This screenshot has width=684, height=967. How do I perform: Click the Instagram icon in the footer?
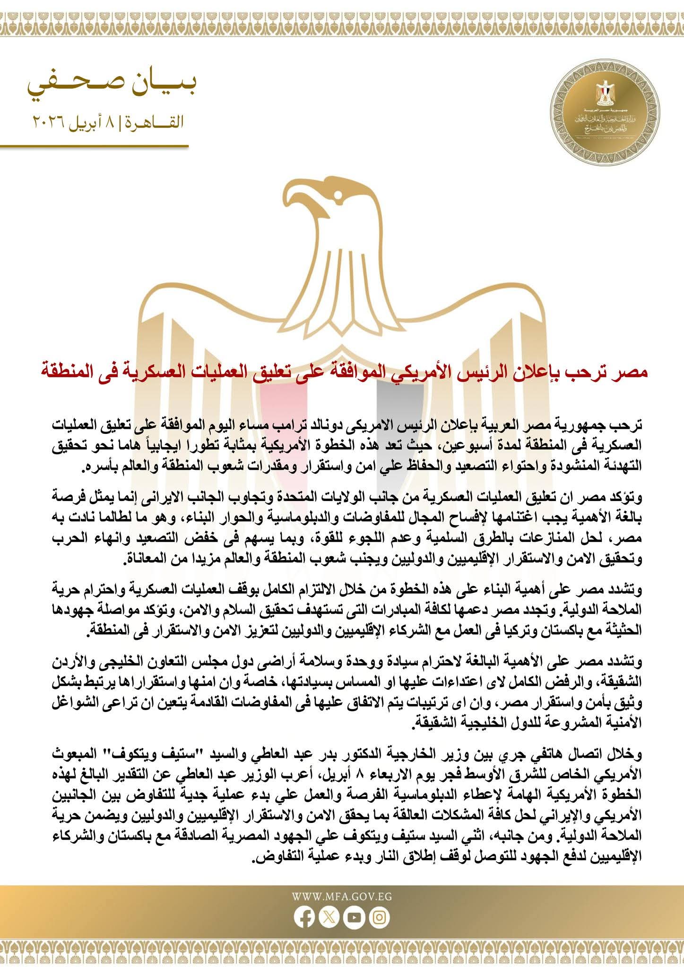379,917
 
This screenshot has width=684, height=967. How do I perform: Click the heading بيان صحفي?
113,86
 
